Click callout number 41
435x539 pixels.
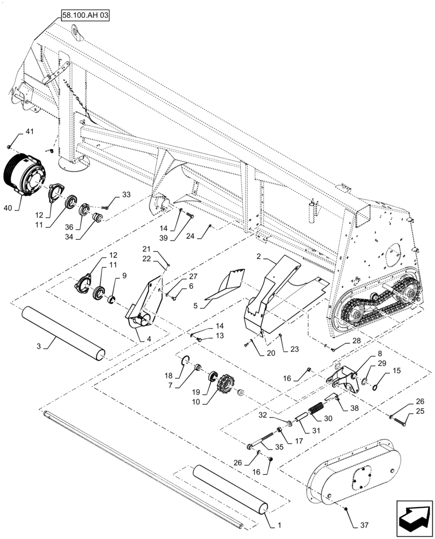29,132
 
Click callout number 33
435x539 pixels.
125,195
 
